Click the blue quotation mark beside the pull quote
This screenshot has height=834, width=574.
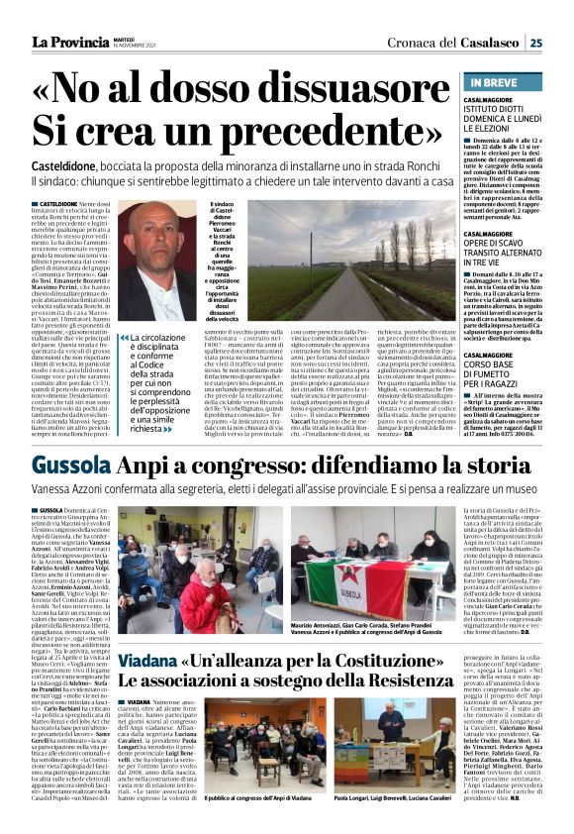click(x=123, y=340)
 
